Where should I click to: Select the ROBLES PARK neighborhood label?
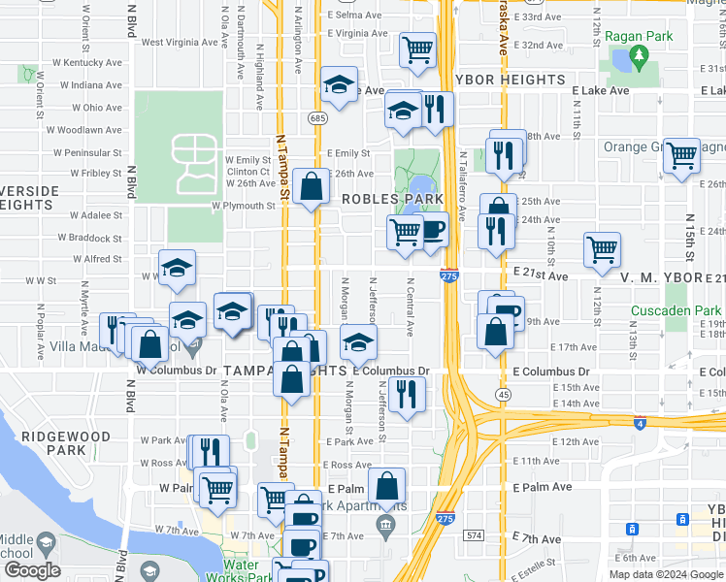(x=384, y=199)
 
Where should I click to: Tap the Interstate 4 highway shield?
(x=638, y=423)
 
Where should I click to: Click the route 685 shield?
(x=317, y=117)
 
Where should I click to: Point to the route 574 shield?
(x=474, y=534)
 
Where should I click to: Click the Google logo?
(x=32, y=570)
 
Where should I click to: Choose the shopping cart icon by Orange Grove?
(x=681, y=154)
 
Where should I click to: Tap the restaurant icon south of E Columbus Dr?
(x=407, y=394)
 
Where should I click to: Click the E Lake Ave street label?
(x=601, y=90)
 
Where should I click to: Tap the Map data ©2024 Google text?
(x=666, y=574)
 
